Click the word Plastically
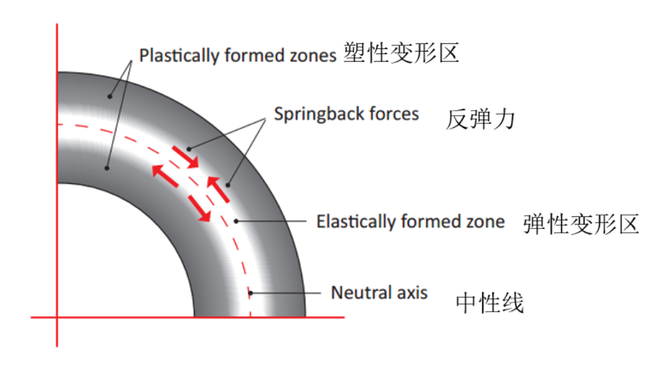pyautogui.click(x=179, y=55)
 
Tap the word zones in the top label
pyautogui.click(x=313, y=56)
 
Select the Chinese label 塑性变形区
pyautogui.click(x=401, y=53)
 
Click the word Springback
pyautogui.click(x=319, y=115)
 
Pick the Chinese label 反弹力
pyautogui.click(x=480, y=119)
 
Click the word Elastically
pyautogui.click(x=356, y=222)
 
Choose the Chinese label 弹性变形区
pyautogui.click(x=581, y=224)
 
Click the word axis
pyautogui.click(x=412, y=293)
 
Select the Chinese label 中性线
pyautogui.click(x=490, y=303)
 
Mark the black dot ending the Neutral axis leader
pyautogui.click(x=251, y=293)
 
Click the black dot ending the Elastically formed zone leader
pyautogui.click(x=237, y=221)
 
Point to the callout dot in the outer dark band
pyautogui.click(x=109, y=97)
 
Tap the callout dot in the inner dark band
pyautogui.click(x=107, y=168)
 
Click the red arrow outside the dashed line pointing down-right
pyautogui.click(x=186, y=157)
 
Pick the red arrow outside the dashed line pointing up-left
pyautogui.click(x=218, y=189)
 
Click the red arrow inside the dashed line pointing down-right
pyautogui.click(x=200, y=209)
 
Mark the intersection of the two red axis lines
pyautogui.click(x=57, y=317)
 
